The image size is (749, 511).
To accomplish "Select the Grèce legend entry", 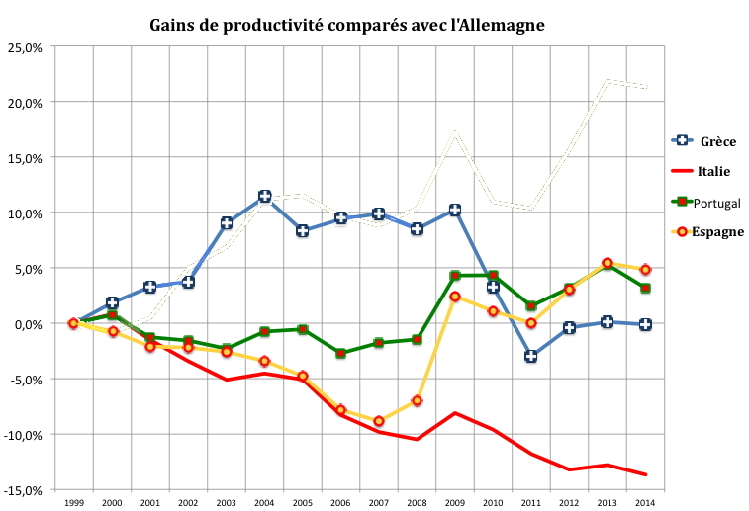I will click(715, 141).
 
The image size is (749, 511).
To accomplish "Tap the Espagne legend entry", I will click(716, 231).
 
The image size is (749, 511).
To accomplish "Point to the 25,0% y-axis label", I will click(24, 47).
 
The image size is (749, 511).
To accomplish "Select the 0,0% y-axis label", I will click(27, 324).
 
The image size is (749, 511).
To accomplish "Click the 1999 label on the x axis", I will click(73, 504).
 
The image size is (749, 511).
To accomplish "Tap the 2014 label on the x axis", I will click(645, 504).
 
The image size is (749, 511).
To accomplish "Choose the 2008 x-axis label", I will click(417, 504).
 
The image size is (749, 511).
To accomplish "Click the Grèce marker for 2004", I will click(264, 197).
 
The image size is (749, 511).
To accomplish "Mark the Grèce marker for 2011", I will click(530, 356).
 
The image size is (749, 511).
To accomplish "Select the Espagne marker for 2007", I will click(378, 421).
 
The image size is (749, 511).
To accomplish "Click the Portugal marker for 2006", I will click(340, 353).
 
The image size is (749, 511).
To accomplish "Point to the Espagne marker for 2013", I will click(607, 263).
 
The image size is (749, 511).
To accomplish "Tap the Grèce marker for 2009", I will click(454, 210).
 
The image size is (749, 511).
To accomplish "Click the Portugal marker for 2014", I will click(645, 288).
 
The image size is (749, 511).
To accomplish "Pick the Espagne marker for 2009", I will click(454, 297).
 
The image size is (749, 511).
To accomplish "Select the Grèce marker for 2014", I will click(645, 324).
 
